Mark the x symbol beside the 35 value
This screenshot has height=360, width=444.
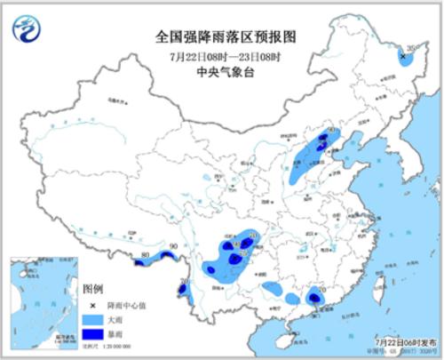(x=402, y=56)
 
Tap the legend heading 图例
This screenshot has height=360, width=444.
(x=93, y=290)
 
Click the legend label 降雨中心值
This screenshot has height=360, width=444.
(x=126, y=304)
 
